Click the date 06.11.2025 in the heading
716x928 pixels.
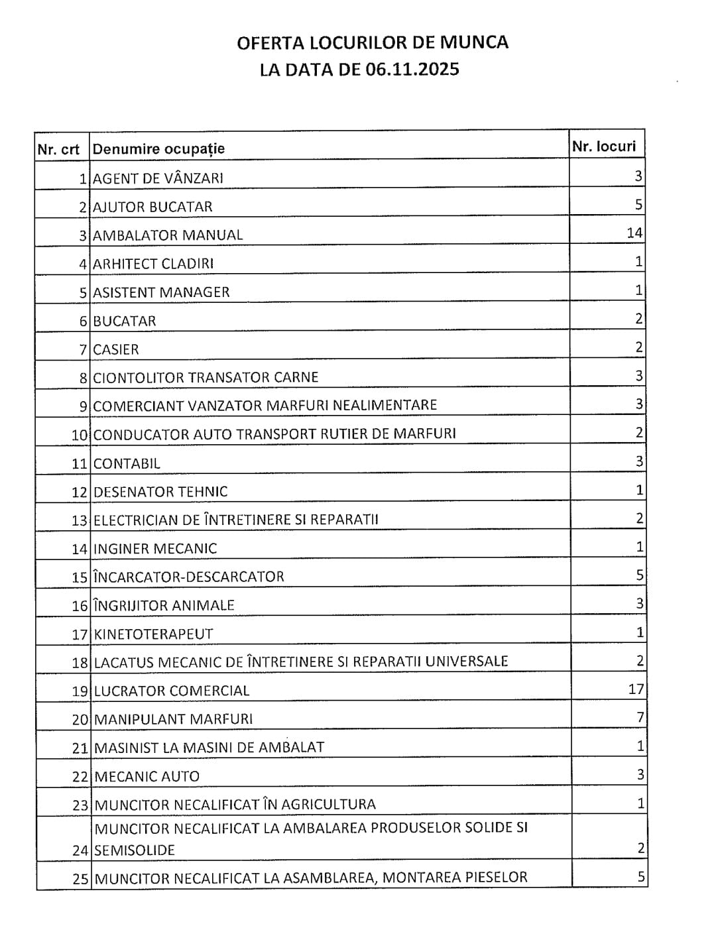(412, 70)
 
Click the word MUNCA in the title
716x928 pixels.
(475, 42)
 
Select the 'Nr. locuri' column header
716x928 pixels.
(603, 146)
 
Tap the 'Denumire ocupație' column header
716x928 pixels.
(159, 149)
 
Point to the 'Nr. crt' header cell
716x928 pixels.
(58, 149)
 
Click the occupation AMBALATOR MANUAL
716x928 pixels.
(168, 235)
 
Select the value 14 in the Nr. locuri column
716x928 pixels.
(634, 233)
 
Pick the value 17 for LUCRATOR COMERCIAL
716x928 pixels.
(635, 689)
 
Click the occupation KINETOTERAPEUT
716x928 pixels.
(154, 634)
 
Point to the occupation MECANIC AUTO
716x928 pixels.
(147, 776)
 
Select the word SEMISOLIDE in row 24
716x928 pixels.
(135, 850)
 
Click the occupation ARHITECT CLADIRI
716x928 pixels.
(153, 264)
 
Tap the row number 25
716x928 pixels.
(80, 880)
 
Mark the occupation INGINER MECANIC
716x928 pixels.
(155, 549)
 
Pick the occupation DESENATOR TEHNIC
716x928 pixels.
(160, 492)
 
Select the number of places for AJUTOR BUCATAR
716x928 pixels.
(639, 205)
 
